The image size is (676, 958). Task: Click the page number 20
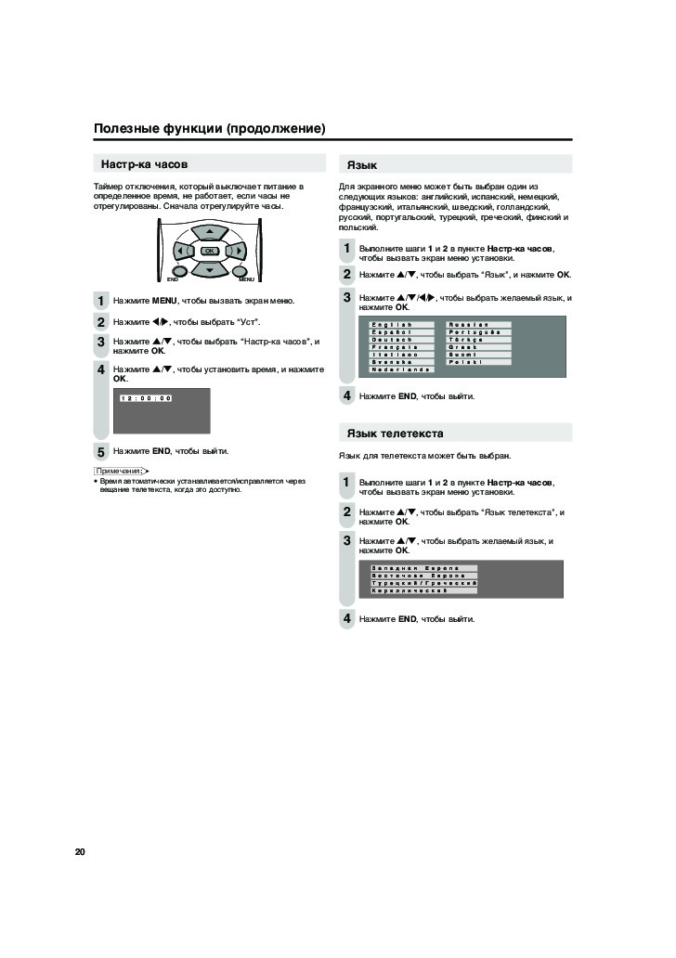(x=80, y=850)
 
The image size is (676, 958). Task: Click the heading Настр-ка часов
(x=144, y=164)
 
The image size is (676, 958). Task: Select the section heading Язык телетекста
(x=395, y=434)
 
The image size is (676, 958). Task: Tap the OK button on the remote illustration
(x=210, y=252)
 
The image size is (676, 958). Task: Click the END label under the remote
(x=173, y=279)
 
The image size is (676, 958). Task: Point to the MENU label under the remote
(x=246, y=279)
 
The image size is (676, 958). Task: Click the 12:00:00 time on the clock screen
(x=146, y=398)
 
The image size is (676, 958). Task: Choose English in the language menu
(x=401, y=324)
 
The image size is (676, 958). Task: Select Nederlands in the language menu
(x=401, y=369)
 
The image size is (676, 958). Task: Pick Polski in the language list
(x=478, y=362)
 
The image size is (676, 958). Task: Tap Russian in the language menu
(x=478, y=324)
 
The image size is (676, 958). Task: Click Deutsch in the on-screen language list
(x=401, y=339)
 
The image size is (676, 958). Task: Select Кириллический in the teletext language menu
(x=422, y=590)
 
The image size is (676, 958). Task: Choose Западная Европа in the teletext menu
(x=422, y=567)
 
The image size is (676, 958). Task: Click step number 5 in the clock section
(x=101, y=452)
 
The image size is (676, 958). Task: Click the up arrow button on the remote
(x=210, y=231)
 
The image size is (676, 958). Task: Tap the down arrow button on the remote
(x=210, y=270)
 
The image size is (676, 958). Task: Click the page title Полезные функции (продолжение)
(x=210, y=127)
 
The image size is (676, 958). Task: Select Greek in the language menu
(x=478, y=346)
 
